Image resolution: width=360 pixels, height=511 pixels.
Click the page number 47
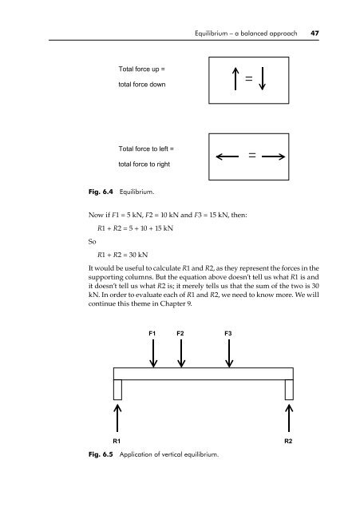315,34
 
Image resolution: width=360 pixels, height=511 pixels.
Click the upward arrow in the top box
235,78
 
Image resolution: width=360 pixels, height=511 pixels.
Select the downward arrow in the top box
262,78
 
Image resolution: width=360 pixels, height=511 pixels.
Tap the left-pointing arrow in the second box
227,156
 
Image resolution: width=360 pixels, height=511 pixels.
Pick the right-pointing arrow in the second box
273,156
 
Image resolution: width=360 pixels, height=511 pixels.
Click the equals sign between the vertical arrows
248,78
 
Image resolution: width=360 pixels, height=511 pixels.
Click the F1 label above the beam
152,334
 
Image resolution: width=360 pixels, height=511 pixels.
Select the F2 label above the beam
180,334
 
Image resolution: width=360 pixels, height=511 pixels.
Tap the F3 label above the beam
228,334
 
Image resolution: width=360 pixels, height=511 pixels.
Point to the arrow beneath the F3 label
229,354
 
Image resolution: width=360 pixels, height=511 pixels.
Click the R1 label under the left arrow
117,441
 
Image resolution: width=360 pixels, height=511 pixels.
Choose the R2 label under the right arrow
288,441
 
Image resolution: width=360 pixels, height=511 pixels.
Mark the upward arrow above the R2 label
289,418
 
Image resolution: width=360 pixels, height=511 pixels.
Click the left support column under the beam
117,390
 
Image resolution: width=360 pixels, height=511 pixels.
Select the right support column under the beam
289,390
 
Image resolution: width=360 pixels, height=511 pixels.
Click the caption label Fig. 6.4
101,192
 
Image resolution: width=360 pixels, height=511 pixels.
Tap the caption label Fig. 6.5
101,454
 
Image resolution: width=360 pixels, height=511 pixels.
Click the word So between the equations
93,241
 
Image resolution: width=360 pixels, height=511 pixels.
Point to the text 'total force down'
142,85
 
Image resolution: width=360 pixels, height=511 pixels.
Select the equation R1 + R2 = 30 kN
122,255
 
